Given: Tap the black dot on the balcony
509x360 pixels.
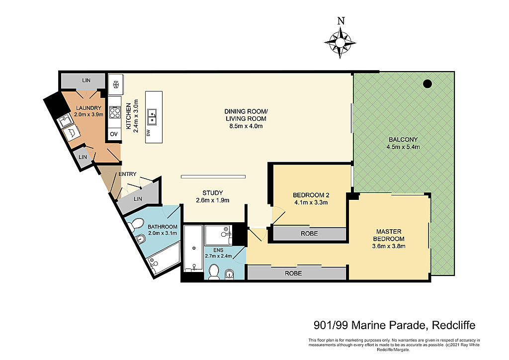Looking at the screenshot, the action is [x=427, y=84].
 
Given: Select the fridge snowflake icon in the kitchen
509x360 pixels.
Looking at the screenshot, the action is [x=115, y=85].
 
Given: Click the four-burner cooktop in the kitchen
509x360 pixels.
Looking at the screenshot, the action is [x=115, y=113].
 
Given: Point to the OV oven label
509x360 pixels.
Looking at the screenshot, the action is [x=114, y=134].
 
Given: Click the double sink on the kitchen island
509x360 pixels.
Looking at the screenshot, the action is [x=152, y=117].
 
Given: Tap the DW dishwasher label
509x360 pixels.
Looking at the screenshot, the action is [x=148, y=132].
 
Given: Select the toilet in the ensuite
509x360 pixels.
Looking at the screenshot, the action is [x=214, y=271].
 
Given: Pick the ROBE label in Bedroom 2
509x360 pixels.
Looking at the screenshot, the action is [x=309, y=233].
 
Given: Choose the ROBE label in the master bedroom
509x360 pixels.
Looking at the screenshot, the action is [x=293, y=273].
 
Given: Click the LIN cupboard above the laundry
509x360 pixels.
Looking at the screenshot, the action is [x=86, y=81].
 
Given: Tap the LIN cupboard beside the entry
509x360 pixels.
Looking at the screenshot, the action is [x=138, y=199].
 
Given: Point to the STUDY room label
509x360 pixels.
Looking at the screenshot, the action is [x=213, y=193].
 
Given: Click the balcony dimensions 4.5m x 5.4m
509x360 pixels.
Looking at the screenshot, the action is [x=403, y=147].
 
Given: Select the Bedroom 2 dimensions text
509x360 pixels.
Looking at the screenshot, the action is [x=311, y=202].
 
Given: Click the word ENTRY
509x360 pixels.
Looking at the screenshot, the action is [x=127, y=174].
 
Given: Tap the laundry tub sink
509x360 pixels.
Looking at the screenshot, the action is [x=66, y=121].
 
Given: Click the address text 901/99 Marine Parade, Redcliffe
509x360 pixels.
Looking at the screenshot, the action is [x=394, y=325].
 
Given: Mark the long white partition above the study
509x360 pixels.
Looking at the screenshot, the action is [x=213, y=177].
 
